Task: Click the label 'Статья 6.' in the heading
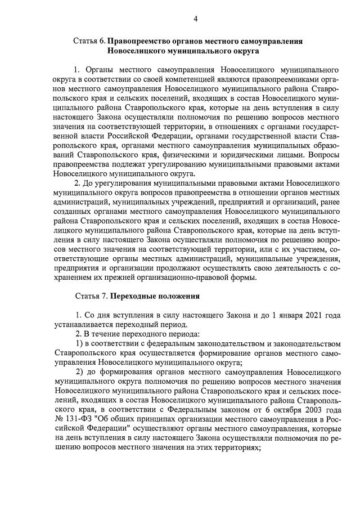pyautogui.click(x=89, y=41)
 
